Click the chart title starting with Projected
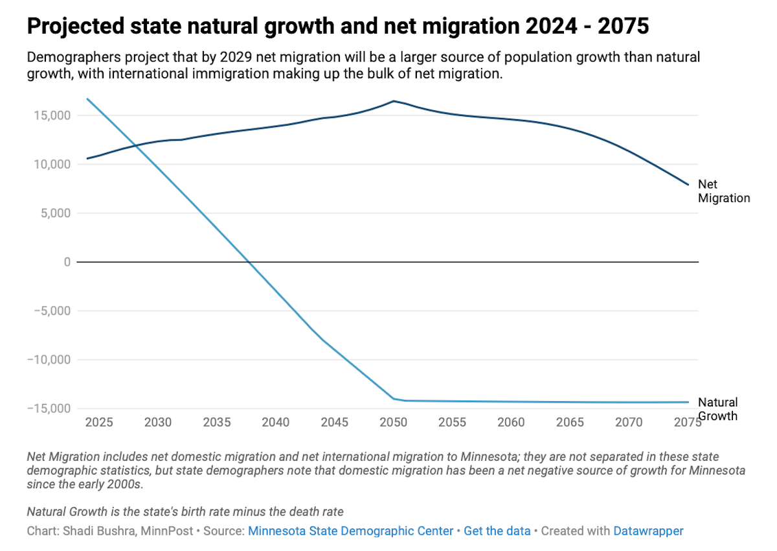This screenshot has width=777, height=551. (x=337, y=27)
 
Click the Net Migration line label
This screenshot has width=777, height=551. (x=723, y=191)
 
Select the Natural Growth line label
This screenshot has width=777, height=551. (x=717, y=409)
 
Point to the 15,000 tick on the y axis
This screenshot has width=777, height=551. (x=52, y=115)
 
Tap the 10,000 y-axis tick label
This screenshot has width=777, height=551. (x=52, y=164)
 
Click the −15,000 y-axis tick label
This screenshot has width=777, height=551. (x=49, y=408)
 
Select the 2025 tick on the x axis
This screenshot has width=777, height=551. (x=99, y=423)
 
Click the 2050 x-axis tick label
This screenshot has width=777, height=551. (x=394, y=423)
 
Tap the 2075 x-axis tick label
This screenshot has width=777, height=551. (x=687, y=423)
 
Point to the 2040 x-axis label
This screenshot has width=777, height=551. (x=276, y=423)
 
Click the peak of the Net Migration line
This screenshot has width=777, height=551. (x=393, y=101)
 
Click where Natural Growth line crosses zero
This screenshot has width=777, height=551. (x=248, y=262)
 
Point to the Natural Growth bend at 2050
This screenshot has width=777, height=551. (x=394, y=399)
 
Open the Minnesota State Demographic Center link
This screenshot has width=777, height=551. (x=350, y=531)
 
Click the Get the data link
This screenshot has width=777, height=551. (x=497, y=531)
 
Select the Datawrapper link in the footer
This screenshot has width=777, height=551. (x=648, y=531)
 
